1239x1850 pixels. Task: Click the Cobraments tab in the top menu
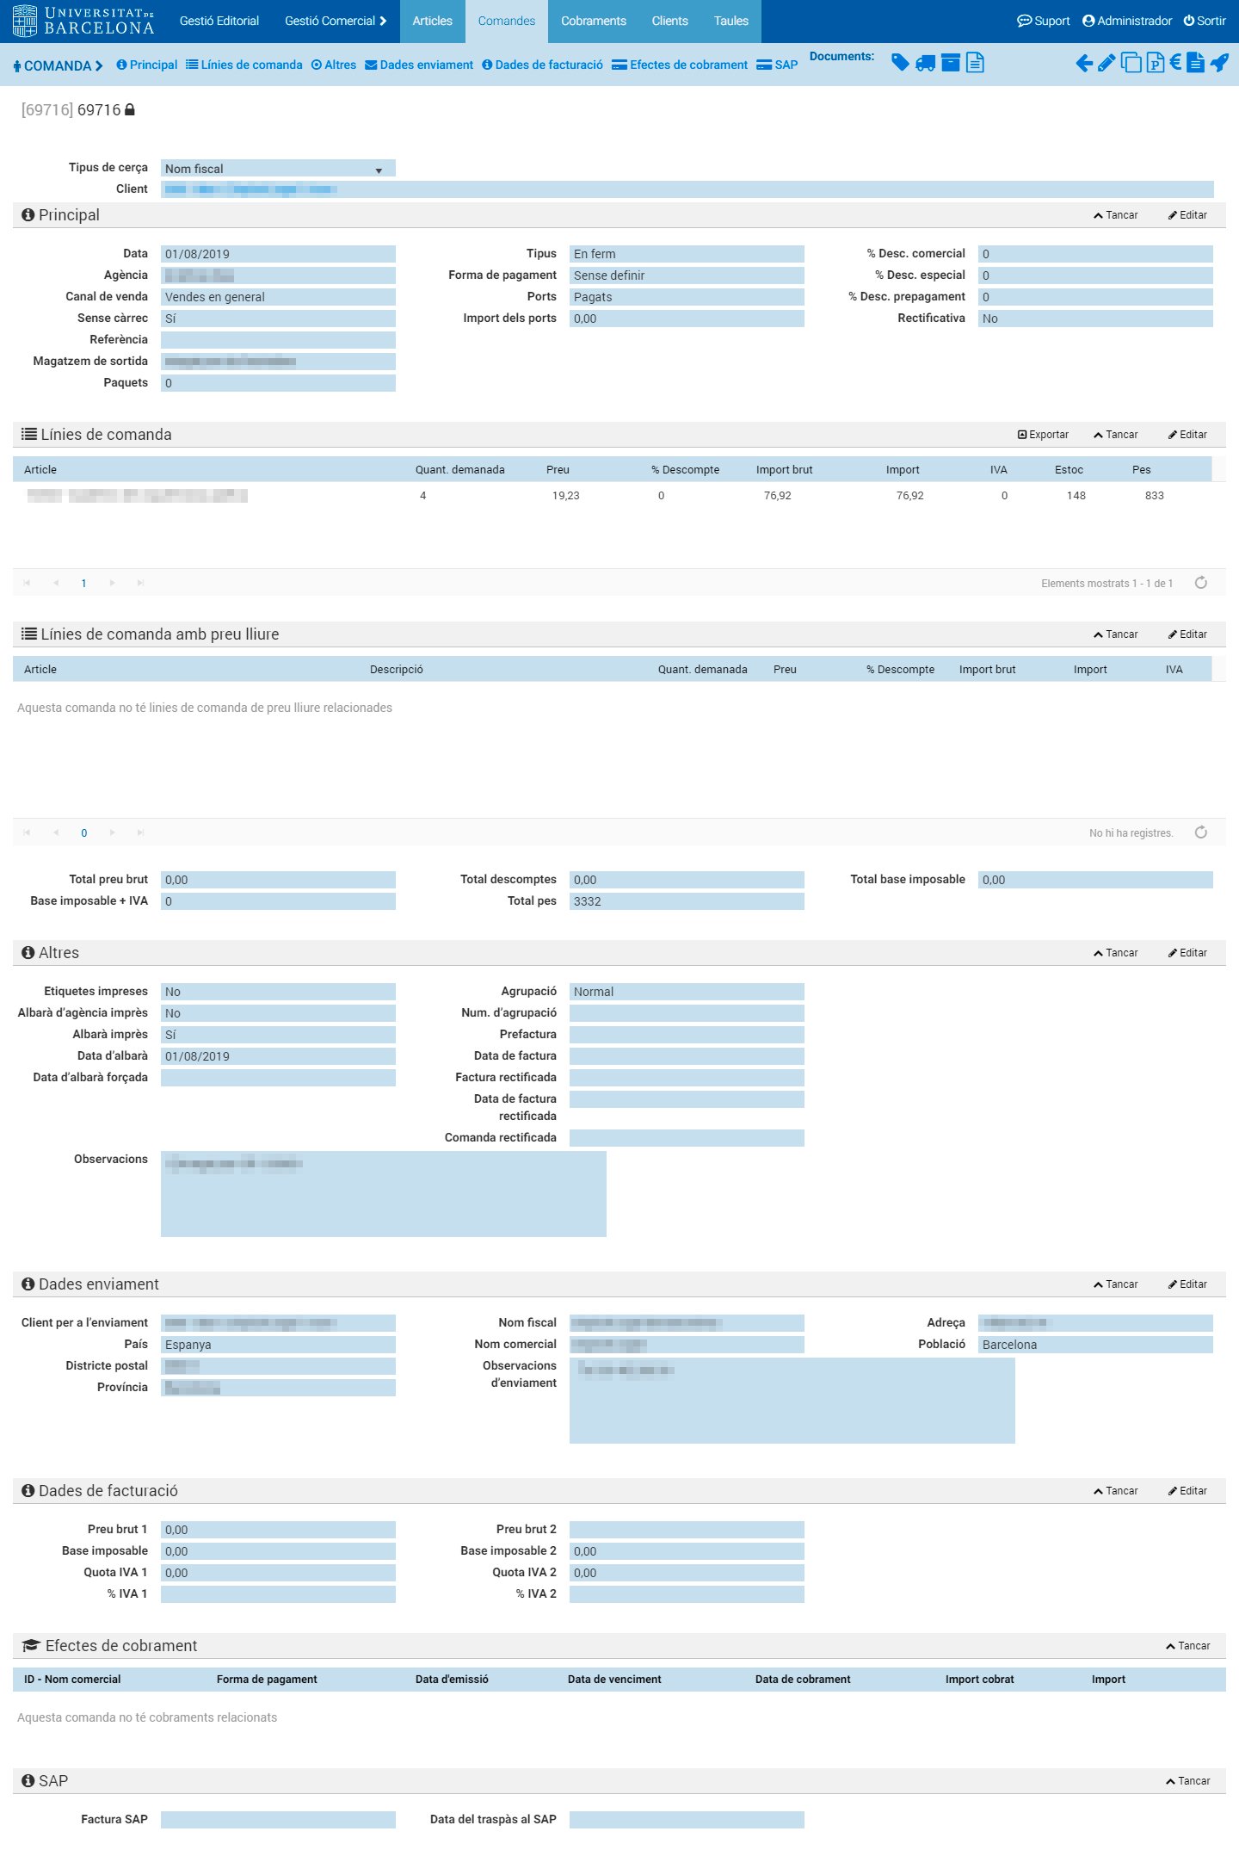click(x=593, y=21)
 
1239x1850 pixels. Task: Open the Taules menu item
click(x=730, y=21)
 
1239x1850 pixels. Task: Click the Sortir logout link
click(x=1205, y=21)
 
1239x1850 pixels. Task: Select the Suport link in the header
click(x=1044, y=21)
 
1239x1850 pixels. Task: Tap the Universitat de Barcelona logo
click(x=83, y=21)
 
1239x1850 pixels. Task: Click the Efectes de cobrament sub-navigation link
click(x=680, y=65)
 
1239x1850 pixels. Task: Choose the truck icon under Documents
click(x=925, y=63)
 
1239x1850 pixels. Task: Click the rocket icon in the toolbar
click(x=1219, y=63)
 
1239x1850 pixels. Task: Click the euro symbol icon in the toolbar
click(x=1174, y=62)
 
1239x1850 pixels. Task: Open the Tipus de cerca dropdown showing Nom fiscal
click(x=277, y=169)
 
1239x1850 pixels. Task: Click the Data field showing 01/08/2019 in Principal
click(x=277, y=254)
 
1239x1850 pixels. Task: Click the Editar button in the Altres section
click(x=1187, y=953)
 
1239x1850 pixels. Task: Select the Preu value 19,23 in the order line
click(x=565, y=496)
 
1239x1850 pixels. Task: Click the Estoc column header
click(x=1069, y=470)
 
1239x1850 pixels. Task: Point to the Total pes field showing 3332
click(x=686, y=901)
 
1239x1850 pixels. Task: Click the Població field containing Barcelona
click(x=1094, y=1345)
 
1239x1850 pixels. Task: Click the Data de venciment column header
click(x=614, y=1680)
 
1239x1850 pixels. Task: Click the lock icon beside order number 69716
click(x=130, y=110)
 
